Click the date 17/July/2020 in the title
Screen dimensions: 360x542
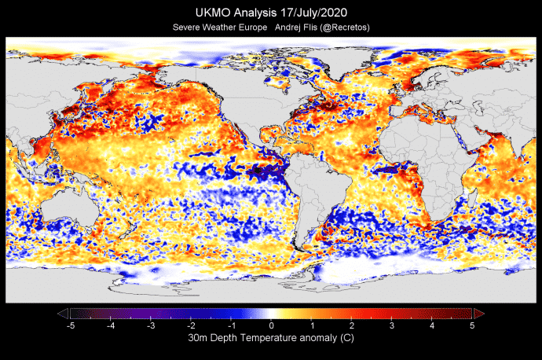(311, 13)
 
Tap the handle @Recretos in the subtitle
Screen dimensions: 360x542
(342, 28)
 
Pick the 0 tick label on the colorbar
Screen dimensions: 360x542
(271, 325)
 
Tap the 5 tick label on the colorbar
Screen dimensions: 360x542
(472, 325)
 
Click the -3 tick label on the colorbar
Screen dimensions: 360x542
(150, 325)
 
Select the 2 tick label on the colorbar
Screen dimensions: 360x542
(352, 325)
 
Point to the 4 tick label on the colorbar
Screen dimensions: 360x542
(432, 325)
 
